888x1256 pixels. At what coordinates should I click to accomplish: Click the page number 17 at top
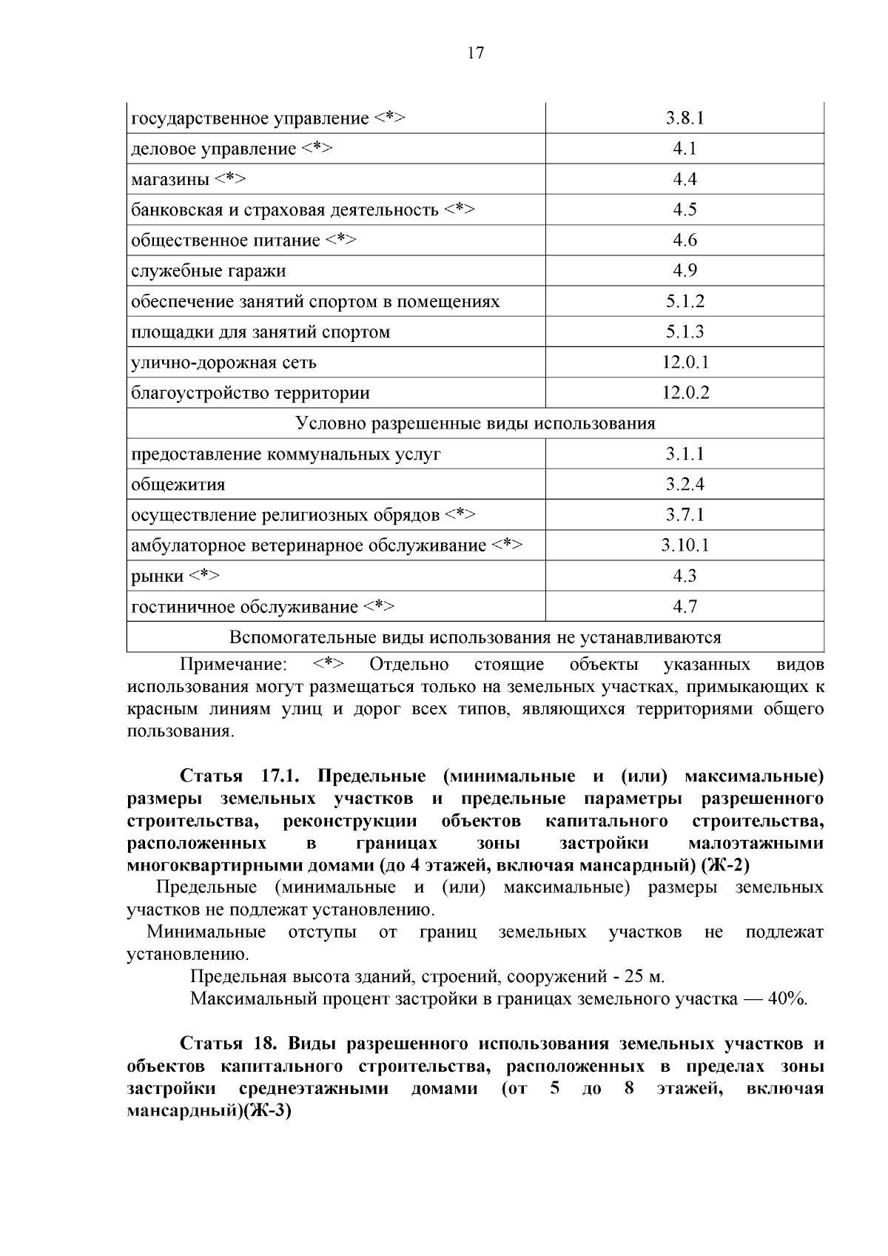(476, 53)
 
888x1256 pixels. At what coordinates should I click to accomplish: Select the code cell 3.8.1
(684, 118)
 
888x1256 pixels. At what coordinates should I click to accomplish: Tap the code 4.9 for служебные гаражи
(684, 271)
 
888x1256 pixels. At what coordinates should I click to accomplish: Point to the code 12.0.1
(685, 363)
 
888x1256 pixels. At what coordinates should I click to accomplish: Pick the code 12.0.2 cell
(685, 393)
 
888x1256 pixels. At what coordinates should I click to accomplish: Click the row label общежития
(178, 485)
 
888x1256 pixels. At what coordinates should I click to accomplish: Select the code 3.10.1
(685, 545)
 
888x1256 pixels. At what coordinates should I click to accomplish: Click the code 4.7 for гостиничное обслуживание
(684, 607)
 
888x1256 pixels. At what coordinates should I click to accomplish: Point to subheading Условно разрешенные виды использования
(475, 423)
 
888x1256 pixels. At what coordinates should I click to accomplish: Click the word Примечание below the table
(234, 665)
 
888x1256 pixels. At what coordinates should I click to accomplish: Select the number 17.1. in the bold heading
(279, 776)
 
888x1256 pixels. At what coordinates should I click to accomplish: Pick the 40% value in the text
(787, 999)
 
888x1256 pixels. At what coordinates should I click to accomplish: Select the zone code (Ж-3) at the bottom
(263, 1111)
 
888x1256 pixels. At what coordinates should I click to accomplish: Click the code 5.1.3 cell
(684, 332)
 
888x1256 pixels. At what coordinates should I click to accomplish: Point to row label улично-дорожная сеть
(223, 363)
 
